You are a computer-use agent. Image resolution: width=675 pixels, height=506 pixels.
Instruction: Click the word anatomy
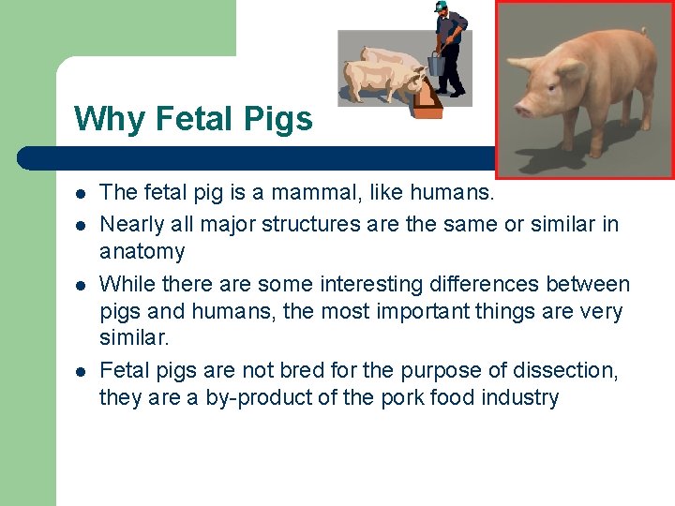pyautogui.click(x=142, y=251)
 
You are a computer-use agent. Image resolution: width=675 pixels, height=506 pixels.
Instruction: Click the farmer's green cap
pyautogui.click(x=440, y=6)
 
